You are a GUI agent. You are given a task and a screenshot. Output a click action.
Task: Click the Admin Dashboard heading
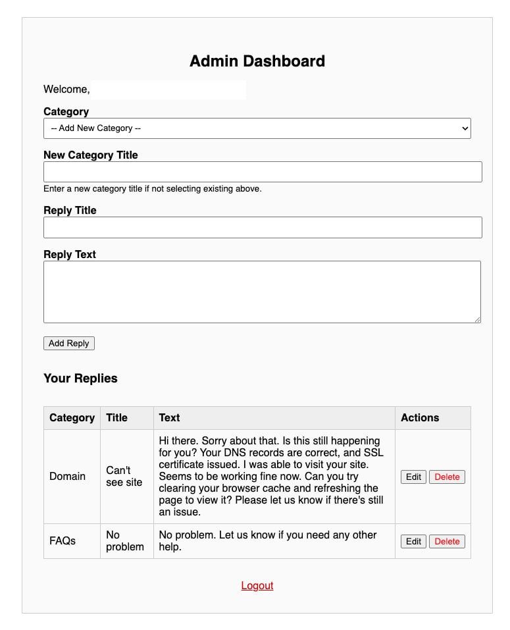coord(257,61)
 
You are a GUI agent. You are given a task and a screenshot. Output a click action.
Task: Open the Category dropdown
coord(257,128)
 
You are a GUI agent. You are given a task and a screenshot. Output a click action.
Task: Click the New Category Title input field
coord(262,172)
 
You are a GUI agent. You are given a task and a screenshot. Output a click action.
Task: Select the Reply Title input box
coord(262,227)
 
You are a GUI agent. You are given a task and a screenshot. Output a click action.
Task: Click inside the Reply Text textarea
coord(262,292)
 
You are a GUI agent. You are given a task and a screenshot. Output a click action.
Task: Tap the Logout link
coord(257,585)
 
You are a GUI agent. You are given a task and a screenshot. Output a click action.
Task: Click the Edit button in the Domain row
coord(413,477)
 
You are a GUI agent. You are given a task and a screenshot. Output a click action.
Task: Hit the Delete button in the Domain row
coord(447,477)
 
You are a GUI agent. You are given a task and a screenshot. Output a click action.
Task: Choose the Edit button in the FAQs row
coord(413,541)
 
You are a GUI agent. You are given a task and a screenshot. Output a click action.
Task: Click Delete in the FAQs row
coord(447,541)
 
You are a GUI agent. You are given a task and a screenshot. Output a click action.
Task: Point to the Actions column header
coord(420,417)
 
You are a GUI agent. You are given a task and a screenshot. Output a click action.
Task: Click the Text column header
coord(169,417)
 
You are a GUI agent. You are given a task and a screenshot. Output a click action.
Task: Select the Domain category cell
coord(67,476)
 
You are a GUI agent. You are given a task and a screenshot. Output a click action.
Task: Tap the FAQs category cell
coord(63,540)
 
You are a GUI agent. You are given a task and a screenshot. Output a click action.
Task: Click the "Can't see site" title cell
coord(124,476)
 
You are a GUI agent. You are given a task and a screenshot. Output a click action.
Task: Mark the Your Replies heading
coord(80,379)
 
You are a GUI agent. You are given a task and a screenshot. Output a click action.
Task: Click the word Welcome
coord(66,89)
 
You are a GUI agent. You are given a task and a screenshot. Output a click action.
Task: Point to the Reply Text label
coord(70,254)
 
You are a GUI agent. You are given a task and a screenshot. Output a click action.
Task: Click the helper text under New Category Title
coord(152,189)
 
